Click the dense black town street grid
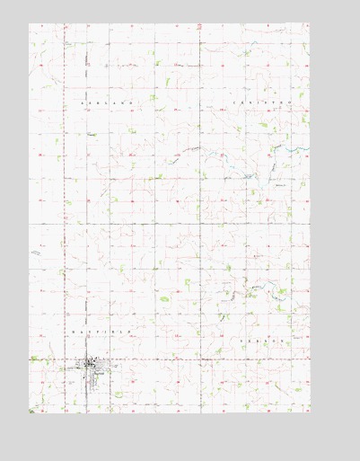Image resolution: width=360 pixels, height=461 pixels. click(91, 365)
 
